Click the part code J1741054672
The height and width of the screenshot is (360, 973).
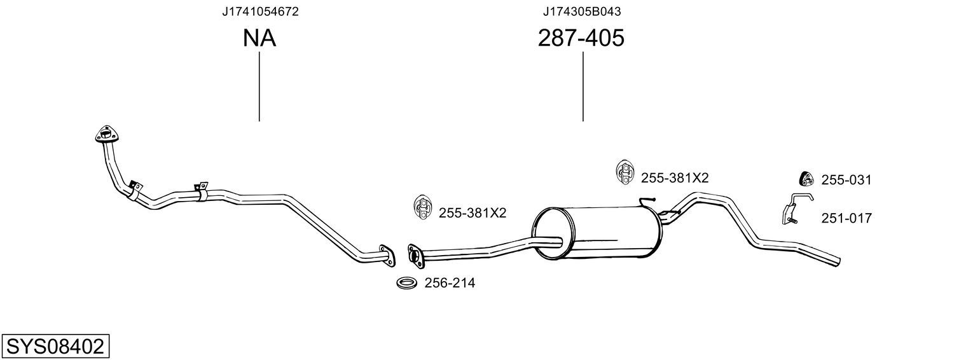click(260, 11)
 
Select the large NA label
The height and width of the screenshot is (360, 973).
click(259, 38)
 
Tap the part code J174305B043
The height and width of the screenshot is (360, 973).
click(582, 11)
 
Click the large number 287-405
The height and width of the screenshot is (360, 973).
click(581, 38)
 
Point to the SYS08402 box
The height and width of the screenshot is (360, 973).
click(55, 346)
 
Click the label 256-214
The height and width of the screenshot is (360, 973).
click(450, 283)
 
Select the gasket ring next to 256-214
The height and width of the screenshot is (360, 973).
click(406, 283)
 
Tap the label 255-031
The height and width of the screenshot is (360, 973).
click(846, 180)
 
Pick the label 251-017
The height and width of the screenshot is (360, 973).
click(846, 218)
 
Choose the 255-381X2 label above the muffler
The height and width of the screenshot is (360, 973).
click(675, 177)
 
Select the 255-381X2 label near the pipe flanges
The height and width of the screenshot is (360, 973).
click(472, 213)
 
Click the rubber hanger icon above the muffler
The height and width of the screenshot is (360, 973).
click(625, 172)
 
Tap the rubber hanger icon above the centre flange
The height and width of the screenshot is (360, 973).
click(422, 207)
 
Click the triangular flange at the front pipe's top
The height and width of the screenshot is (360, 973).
click(107, 135)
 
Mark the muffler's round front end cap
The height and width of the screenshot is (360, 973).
click(553, 233)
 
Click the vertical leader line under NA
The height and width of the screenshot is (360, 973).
click(259, 87)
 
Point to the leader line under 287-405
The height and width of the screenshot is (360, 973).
click(583, 87)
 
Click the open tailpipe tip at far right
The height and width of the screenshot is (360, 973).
click(838, 261)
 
